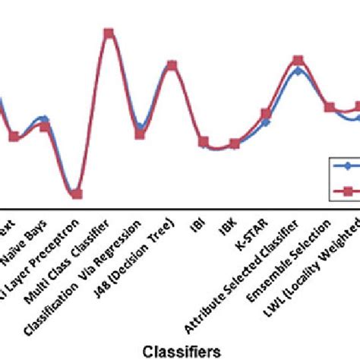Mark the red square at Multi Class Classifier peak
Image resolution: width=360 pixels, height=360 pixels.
coord(109,33)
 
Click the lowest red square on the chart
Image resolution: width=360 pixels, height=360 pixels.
coord(76,194)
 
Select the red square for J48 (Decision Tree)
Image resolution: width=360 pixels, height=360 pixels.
coord(172,65)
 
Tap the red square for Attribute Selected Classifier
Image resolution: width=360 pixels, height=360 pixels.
coord(298,60)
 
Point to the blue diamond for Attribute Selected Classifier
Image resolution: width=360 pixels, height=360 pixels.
coord(298,71)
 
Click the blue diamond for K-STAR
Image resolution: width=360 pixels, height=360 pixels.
coord(266,122)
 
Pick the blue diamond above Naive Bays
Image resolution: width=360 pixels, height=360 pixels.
coord(44,118)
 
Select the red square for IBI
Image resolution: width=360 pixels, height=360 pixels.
coord(204,142)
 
